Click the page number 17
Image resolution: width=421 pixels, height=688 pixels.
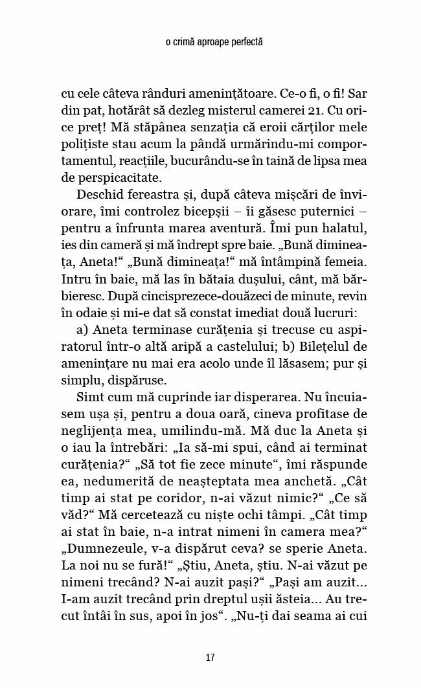(210, 658)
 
